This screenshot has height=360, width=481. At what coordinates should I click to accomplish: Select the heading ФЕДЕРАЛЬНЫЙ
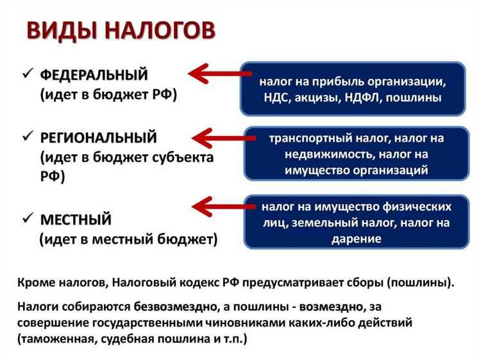[x=94, y=75]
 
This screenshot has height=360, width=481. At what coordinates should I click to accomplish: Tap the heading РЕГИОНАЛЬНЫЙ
[x=98, y=137]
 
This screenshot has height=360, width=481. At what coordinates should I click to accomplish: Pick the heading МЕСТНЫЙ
[x=76, y=219]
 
